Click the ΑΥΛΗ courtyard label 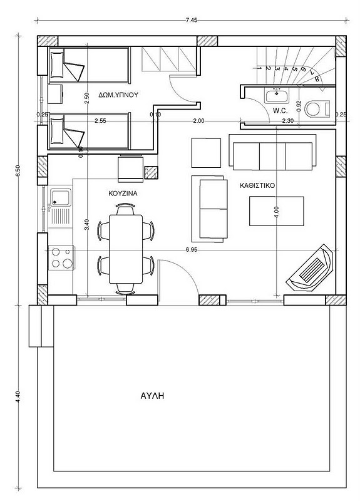pyautogui.click(x=152, y=396)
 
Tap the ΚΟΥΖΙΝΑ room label pyautogui.click(x=123, y=194)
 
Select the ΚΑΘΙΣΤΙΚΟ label pyautogui.click(x=257, y=185)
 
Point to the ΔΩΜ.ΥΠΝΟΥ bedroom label pyautogui.click(x=118, y=95)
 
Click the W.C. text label pyautogui.click(x=280, y=111)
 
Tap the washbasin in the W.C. pyautogui.click(x=277, y=96)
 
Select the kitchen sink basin pyautogui.click(x=61, y=198)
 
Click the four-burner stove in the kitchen pyautogui.click(x=61, y=258)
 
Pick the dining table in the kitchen pyautogui.click(x=126, y=249)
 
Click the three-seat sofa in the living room pyautogui.click(x=272, y=152)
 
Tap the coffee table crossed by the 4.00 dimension pyautogui.click(x=277, y=211)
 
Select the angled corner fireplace pyautogui.click(x=310, y=268)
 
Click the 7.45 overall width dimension pyautogui.click(x=192, y=20)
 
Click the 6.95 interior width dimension pyautogui.click(x=192, y=250)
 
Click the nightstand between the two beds pyautogui.click(x=55, y=94)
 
